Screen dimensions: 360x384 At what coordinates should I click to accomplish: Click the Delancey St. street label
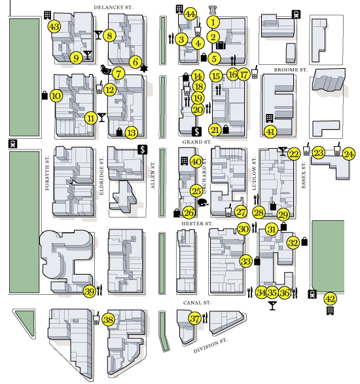click(113, 7)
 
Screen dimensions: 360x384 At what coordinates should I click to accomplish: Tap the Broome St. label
click(291, 70)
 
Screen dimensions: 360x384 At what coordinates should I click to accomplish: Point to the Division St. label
click(210, 345)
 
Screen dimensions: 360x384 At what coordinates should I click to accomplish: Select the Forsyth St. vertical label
click(47, 172)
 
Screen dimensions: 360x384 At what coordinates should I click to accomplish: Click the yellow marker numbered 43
click(54, 26)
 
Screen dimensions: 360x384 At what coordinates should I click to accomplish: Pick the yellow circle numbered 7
click(118, 73)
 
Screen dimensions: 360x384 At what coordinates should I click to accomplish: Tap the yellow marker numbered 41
click(270, 132)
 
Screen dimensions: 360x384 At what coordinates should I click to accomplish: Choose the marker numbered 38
click(108, 320)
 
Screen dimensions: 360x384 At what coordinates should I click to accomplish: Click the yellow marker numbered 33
click(246, 261)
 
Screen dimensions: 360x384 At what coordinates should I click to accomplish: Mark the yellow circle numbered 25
click(196, 191)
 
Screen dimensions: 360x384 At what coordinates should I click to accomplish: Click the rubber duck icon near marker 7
click(106, 70)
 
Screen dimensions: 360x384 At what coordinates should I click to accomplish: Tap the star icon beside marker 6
click(144, 69)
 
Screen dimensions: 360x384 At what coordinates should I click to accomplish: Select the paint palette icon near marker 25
click(203, 203)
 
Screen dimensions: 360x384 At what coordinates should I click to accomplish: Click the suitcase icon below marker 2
click(221, 45)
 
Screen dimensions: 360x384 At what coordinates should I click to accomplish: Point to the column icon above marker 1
click(213, 10)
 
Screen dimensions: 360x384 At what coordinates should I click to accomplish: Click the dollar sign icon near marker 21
click(197, 132)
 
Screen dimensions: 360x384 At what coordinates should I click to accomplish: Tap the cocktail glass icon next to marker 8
click(98, 35)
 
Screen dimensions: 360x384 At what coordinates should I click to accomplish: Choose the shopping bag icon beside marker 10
click(45, 95)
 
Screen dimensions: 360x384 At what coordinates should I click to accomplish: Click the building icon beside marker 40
click(185, 161)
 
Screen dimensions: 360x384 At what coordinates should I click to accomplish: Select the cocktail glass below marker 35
click(272, 306)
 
